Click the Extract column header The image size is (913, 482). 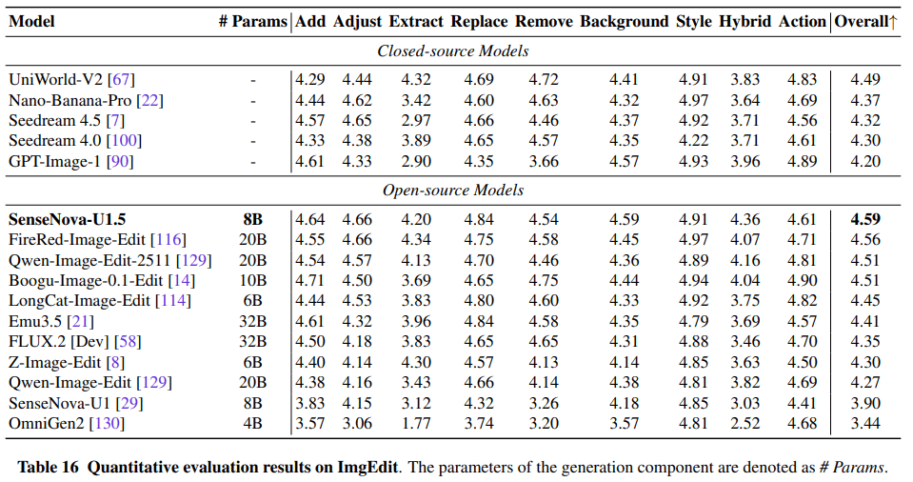tap(416, 22)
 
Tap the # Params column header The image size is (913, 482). tap(252, 22)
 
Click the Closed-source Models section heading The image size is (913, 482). tap(453, 51)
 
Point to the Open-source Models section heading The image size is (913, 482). tap(453, 191)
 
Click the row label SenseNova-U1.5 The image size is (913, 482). tap(67, 219)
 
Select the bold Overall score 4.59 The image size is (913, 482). tap(865, 219)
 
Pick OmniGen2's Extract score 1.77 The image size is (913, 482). tap(416, 423)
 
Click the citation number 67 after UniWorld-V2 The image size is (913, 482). tap(121, 79)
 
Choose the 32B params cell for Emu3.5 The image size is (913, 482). tap(252, 321)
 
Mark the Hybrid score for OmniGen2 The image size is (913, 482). tap(745, 423)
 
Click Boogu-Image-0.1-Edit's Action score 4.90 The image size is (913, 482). tap(803, 280)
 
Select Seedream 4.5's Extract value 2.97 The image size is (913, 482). tap(416, 120)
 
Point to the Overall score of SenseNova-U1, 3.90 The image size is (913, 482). tap(865, 403)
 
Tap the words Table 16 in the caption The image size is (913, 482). tap(48, 468)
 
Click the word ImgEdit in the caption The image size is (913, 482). tap(368, 468)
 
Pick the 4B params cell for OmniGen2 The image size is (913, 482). tap(252, 423)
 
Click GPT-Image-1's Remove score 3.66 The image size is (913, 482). tap(544, 161)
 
